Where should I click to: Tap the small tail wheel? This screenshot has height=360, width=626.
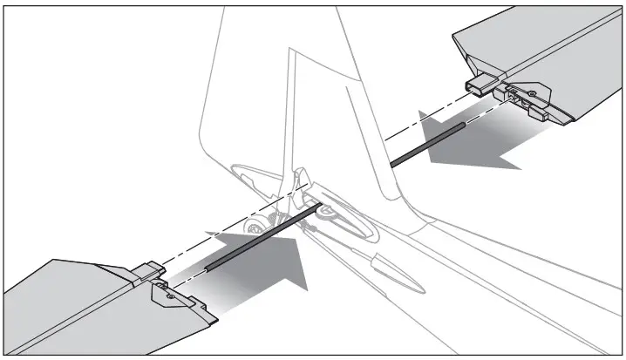pyautogui.click(x=254, y=228)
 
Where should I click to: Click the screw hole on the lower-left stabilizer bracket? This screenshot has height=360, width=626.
pyautogui.click(x=172, y=297)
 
